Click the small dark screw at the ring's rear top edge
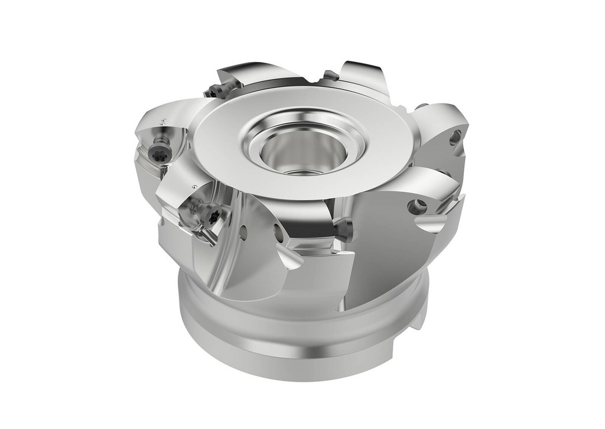[x=331, y=76]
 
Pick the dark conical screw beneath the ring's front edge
[x=343, y=228]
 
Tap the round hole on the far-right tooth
[x=454, y=138]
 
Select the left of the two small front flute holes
[x=243, y=233]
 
